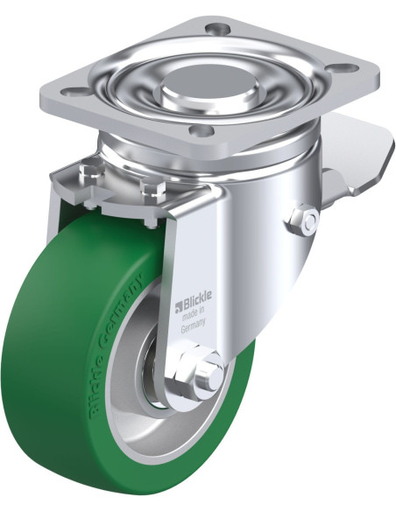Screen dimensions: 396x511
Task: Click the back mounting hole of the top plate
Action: pos(216,28)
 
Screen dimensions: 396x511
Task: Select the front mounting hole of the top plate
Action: pos(202,132)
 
